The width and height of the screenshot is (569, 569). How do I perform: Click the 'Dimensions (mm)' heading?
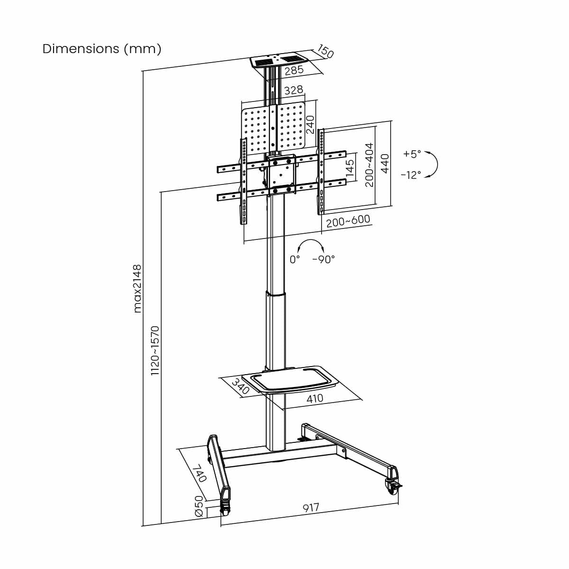coord(102,49)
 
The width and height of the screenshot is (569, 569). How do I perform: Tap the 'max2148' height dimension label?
coord(138,288)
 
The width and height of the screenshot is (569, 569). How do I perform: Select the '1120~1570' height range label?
coord(155,350)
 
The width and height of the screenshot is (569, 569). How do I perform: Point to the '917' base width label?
coord(311,507)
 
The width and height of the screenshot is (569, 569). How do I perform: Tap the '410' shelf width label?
coord(315,399)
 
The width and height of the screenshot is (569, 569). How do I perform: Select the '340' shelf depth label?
coord(240,386)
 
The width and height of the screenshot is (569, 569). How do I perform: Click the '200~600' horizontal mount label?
coord(348,220)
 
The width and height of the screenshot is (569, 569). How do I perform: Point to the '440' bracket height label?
coord(385,164)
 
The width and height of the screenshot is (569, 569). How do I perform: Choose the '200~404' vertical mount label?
coord(369,165)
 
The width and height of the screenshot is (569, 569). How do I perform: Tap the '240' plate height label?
coord(310,124)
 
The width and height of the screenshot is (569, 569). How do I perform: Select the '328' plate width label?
coord(294,90)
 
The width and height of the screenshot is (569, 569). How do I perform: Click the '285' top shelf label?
coord(294,70)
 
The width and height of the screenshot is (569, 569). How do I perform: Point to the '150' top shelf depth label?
coord(325,51)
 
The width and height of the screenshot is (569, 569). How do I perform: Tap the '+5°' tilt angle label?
coord(412,154)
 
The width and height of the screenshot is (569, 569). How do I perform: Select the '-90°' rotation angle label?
coord(323,259)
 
